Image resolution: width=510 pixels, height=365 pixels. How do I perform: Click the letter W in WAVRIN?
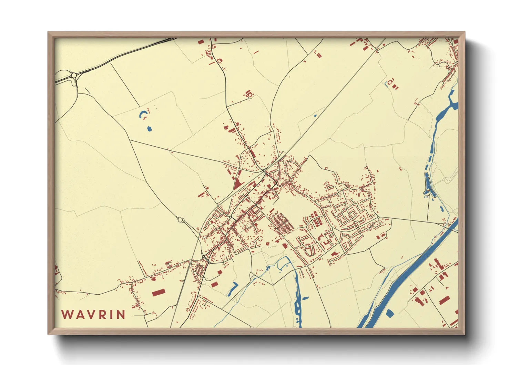pos(67,314)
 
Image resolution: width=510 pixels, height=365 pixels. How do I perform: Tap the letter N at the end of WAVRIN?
pos(121,314)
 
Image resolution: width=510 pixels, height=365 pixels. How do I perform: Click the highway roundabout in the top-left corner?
pos(74,75)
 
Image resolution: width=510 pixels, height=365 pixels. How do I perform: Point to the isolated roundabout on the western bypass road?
pos(180,219)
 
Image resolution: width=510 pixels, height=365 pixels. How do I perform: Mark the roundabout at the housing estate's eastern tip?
pos(378,217)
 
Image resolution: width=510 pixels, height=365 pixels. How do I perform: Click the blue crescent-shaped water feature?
pos(142,114)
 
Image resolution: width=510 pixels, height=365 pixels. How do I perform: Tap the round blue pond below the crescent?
pos(149,129)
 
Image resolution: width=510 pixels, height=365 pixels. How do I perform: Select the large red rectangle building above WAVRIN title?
pos(158,293)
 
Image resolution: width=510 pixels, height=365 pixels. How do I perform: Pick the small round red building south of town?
pos(267,244)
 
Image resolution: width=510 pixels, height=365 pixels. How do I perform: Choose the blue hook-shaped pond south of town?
pos(233,289)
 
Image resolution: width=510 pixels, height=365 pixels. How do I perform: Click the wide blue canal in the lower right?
pos(407,276)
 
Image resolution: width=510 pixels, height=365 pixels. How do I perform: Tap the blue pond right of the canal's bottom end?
pos(390,313)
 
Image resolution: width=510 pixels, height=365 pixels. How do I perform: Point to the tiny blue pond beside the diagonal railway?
pos(315,116)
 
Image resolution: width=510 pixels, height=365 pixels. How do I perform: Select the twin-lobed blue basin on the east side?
pos(428,186)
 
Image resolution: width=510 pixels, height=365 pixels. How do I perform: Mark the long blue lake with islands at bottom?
pos(297,300)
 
